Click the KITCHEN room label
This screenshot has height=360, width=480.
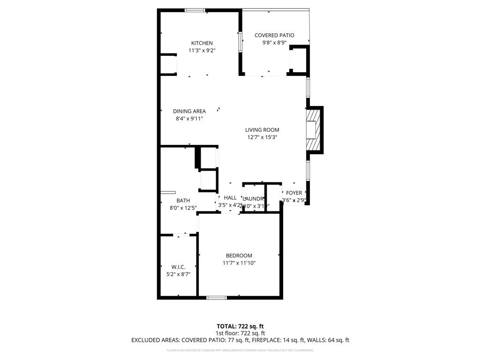pyautogui.click(x=202, y=43)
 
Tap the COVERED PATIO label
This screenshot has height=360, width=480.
pyautogui.click(x=274, y=35)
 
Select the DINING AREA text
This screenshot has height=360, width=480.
pyautogui.click(x=189, y=111)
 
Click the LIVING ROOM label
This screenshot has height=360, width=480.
pyautogui.click(x=262, y=130)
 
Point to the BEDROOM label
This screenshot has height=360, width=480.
pyautogui.click(x=239, y=255)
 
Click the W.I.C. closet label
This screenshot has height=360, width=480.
pyautogui.click(x=178, y=267)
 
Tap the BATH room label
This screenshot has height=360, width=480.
pyautogui.click(x=183, y=200)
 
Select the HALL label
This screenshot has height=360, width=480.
pyautogui.click(x=230, y=198)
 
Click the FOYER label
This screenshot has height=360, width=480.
pyautogui.click(x=294, y=193)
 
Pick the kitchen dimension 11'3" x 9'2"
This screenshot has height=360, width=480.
pyautogui.click(x=202, y=51)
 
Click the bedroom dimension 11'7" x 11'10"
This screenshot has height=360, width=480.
pyautogui.click(x=239, y=263)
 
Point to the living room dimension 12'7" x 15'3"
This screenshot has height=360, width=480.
pyautogui.click(x=262, y=137)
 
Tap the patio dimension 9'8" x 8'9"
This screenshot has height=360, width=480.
pyautogui.click(x=274, y=43)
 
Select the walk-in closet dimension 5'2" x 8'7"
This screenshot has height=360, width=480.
pyautogui.click(x=178, y=274)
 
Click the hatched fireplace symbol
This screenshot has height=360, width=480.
pyautogui.click(x=315, y=130)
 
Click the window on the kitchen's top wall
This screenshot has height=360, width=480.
pyautogui.click(x=194, y=10)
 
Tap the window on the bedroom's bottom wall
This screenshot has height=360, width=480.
pyautogui.click(x=217, y=297)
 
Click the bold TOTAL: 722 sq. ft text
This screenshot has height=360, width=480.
pyautogui.click(x=240, y=326)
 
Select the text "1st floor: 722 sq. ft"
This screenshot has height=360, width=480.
pyautogui.click(x=240, y=333)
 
